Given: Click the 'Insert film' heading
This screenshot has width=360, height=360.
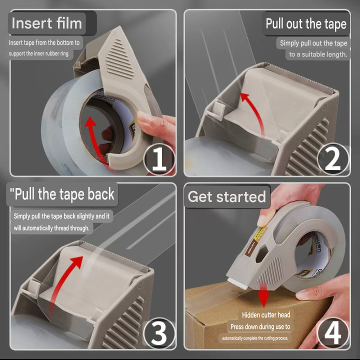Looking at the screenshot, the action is (47, 23).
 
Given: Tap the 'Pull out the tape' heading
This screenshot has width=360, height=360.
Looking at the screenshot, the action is (306, 23).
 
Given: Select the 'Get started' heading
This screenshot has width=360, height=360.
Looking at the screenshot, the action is (227, 196).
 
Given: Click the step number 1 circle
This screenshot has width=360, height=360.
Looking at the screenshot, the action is (159, 159).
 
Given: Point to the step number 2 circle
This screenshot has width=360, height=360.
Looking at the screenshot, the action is (333, 159).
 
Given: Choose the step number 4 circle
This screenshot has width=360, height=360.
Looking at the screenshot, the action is (333, 333).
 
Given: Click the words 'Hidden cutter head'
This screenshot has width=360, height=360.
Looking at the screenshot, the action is (266, 315).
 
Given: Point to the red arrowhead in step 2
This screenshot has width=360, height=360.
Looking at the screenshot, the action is (244, 97).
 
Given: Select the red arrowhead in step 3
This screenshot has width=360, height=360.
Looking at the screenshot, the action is (77, 261).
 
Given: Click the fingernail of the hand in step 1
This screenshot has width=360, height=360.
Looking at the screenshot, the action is (142, 116).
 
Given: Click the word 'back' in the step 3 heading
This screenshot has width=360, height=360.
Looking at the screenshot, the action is (101, 194).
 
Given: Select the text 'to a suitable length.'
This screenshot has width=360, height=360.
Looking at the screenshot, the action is (318, 54).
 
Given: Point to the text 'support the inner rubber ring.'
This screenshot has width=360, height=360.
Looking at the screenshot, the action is (39, 53).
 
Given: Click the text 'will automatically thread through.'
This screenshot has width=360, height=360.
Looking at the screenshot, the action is (51, 228).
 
